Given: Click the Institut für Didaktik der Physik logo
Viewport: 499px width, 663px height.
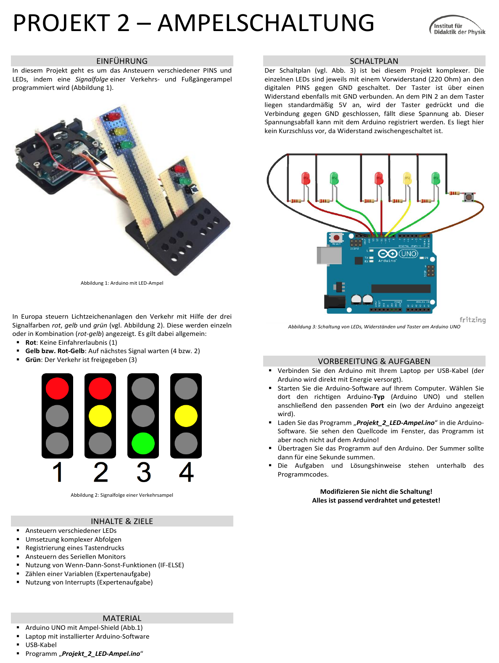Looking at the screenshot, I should [457, 26].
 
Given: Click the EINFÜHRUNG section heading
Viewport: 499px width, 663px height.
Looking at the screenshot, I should [122, 61].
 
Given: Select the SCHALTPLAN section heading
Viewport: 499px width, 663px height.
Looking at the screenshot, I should [374, 61].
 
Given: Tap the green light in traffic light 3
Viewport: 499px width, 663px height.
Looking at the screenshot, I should [143, 443].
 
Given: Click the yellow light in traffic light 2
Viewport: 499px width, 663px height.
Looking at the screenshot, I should [100, 416].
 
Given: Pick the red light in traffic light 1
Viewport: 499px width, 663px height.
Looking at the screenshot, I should [57, 388].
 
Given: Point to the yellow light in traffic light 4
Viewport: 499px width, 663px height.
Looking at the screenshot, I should [186, 416].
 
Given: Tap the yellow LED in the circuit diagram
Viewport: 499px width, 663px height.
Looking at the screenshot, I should [407, 179].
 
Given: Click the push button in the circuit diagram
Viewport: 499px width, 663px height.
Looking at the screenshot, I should [468, 197].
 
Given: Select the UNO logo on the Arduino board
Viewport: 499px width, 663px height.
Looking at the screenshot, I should [409, 254].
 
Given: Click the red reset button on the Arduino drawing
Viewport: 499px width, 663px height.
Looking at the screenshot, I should [336, 238].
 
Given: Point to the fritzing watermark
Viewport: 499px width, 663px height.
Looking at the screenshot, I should [473, 320].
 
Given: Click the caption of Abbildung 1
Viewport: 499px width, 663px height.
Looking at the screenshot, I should [122, 283].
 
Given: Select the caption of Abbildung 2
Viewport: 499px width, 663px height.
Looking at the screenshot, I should [122, 495].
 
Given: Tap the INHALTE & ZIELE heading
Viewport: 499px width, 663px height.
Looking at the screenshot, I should [122, 521].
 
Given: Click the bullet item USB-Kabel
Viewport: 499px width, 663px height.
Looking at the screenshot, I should [41, 645].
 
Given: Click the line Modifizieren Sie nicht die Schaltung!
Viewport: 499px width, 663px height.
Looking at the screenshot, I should [376, 492].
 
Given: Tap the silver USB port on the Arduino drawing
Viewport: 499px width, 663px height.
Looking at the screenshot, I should [329, 255].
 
